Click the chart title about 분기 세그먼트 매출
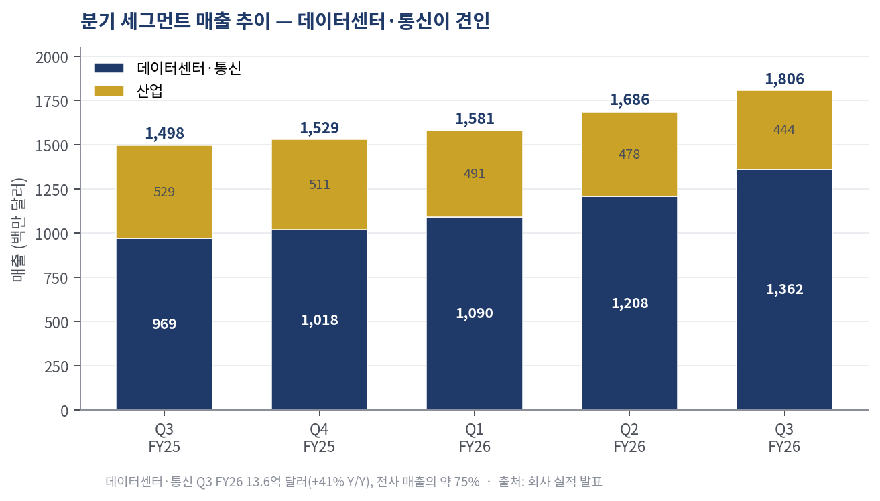(x=285, y=21)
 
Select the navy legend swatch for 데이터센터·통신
(x=109, y=68)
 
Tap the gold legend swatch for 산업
(x=109, y=91)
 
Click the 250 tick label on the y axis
(x=56, y=367)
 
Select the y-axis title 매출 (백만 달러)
(x=19, y=230)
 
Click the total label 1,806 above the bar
(x=785, y=79)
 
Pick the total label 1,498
(x=164, y=133)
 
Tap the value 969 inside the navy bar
(x=164, y=324)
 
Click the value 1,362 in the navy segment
(x=785, y=289)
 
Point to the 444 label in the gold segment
(x=784, y=129)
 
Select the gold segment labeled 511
(x=320, y=185)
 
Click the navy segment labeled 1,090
(x=475, y=313)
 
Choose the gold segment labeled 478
(x=629, y=154)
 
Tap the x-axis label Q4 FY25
(x=319, y=438)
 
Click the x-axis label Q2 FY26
(x=629, y=438)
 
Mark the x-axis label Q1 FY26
(x=475, y=438)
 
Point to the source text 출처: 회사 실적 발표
(x=550, y=482)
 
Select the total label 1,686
(x=630, y=100)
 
